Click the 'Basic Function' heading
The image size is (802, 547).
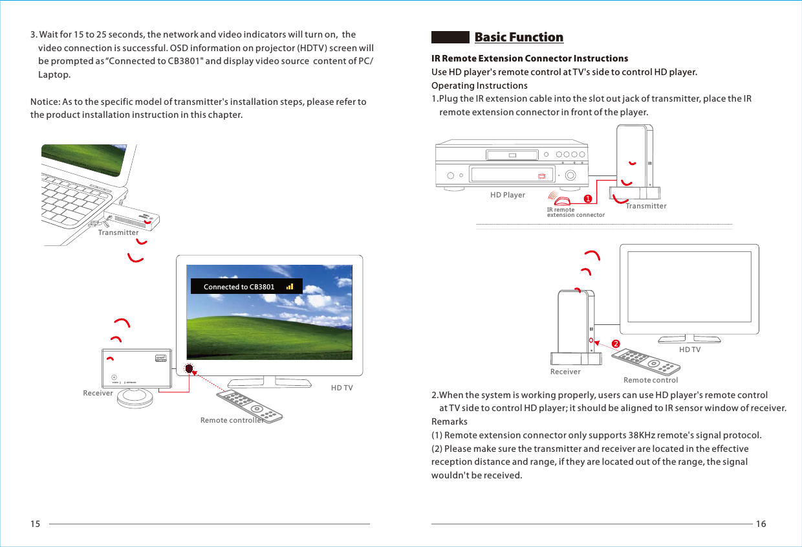(519, 38)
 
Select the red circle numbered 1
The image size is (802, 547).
(588, 197)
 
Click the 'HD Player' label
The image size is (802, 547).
(508, 195)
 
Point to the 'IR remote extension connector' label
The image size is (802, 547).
(575, 212)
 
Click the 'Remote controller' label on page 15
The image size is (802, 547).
(232, 420)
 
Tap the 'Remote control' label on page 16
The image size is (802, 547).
(650, 380)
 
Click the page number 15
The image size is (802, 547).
(36, 524)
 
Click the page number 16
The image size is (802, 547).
(761, 524)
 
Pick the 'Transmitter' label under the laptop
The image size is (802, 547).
(118, 232)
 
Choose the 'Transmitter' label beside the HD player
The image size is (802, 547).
(645, 206)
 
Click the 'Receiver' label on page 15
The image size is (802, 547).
(98, 393)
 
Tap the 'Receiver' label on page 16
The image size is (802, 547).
(565, 372)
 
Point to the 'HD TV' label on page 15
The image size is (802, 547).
(341, 388)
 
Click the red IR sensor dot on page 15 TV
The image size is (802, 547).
(189, 368)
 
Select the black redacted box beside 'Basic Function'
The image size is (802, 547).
(450, 38)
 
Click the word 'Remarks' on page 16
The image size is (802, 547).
(449, 421)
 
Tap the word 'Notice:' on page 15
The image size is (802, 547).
(45, 102)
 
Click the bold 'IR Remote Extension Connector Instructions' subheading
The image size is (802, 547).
(529, 58)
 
